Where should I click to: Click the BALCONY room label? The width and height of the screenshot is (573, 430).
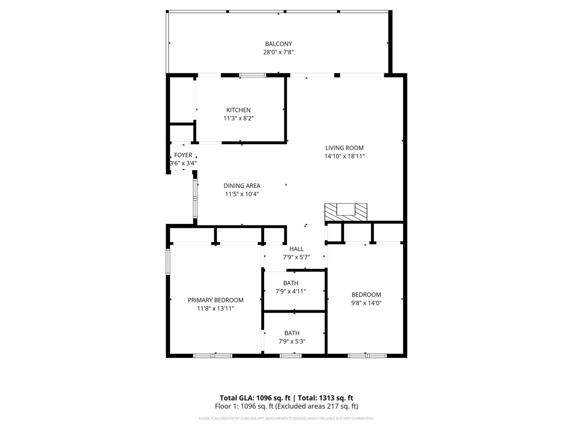tap(278, 44)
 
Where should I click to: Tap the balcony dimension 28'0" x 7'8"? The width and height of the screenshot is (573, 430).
tap(278, 52)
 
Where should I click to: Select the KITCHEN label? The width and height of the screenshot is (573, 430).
tap(238, 110)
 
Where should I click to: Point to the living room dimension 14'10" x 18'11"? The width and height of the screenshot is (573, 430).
tap(344, 156)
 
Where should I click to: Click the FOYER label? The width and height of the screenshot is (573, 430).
tap(183, 155)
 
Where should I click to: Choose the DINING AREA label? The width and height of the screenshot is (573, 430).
tap(242, 186)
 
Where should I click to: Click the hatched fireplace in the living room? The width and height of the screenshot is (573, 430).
tap(346, 212)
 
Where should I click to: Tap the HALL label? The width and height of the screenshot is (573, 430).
tap(296, 249)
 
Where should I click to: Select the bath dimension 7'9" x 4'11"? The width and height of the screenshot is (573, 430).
tap(291, 291)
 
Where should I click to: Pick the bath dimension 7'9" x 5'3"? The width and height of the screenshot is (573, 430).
tap(292, 341)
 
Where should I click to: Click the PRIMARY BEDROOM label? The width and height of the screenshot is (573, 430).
tap(215, 300)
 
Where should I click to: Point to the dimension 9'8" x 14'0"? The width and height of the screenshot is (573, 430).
tap(366, 303)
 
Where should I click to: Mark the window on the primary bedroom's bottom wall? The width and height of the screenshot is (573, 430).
tap(212, 356)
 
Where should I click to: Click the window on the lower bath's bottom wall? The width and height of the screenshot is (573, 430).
tap(290, 356)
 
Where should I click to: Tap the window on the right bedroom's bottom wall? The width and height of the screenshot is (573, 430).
tap(367, 356)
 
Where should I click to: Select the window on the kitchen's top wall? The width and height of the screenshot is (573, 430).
tap(253, 75)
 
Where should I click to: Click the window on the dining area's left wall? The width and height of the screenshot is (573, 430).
tap(195, 198)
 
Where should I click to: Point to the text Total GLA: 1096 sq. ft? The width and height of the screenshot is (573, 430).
tap(255, 398)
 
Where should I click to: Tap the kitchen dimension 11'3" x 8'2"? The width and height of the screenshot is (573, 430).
tap(238, 118)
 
